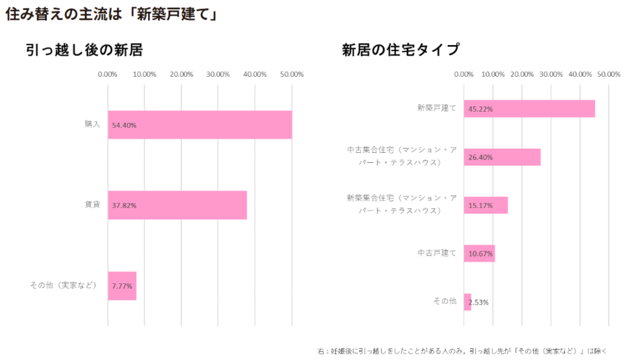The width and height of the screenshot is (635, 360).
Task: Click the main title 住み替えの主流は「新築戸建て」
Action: tap(112, 15)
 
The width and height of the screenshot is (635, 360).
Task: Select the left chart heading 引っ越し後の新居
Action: tap(85, 50)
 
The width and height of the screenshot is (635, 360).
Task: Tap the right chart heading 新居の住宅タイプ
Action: tap(400, 50)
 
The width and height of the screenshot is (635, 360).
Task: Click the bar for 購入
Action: tap(200, 124)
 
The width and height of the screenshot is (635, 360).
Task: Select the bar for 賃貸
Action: tap(177, 205)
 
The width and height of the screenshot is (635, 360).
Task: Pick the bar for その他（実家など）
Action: tap(122, 286)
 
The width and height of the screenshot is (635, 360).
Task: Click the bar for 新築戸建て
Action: tap(529, 109)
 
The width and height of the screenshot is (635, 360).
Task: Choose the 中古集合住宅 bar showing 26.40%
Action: tap(502, 157)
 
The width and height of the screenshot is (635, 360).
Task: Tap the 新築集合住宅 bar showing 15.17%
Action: tap(486, 205)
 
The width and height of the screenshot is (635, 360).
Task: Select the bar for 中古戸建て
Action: tap(479, 253)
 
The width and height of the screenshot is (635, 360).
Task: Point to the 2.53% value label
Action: tap(478, 302)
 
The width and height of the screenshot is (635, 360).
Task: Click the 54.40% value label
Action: tap(124, 125)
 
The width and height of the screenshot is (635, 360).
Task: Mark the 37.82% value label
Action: tap(124, 206)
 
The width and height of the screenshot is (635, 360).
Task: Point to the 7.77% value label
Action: tap(122, 287)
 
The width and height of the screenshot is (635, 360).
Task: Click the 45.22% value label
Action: tap(480, 109)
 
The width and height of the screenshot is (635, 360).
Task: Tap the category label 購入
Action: tap(92, 124)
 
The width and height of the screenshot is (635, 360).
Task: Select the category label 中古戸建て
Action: tap(437, 253)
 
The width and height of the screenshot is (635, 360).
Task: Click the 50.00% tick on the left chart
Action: tap(292, 74)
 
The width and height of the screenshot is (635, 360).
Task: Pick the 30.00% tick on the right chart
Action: tap(551, 74)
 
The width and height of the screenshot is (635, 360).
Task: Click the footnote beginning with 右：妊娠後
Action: tap(462, 351)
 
